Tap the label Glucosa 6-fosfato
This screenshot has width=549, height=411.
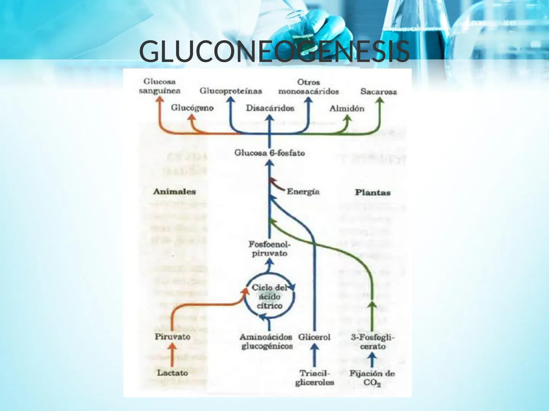270,153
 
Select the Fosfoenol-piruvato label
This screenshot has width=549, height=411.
269,249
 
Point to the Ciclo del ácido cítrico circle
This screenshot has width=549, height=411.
269,297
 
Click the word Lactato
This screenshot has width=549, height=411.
172,373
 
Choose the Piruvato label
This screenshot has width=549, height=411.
172,337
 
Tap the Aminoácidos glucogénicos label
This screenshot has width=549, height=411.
266,341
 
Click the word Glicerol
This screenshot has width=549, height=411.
314,337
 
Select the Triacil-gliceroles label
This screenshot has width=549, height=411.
315,378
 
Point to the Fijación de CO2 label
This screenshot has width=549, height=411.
372,378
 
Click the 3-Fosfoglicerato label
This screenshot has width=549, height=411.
372,341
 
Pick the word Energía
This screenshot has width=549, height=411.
303,192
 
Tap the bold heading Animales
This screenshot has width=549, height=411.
174,192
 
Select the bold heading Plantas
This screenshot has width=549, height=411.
372,193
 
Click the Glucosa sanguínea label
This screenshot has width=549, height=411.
159,86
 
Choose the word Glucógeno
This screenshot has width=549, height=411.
192,108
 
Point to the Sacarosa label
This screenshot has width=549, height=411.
379,92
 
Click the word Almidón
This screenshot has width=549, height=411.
347,108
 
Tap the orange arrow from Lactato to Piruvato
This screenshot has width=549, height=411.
172,355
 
